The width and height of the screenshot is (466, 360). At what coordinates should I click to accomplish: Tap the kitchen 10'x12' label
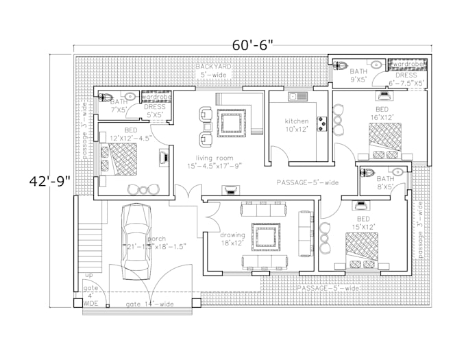(297, 125)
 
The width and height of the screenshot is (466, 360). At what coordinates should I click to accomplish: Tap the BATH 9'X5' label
(358, 75)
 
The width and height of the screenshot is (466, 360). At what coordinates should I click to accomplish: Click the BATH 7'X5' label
(119, 106)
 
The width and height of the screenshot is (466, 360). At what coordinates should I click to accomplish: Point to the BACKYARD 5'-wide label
(212, 71)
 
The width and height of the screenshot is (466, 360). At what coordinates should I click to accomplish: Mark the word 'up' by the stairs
(88, 276)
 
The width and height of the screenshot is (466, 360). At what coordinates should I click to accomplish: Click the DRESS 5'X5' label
(154, 110)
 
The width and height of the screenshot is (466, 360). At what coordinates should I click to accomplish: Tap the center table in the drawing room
(263, 237)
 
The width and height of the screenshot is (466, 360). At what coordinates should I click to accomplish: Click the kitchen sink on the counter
(299, 97)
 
